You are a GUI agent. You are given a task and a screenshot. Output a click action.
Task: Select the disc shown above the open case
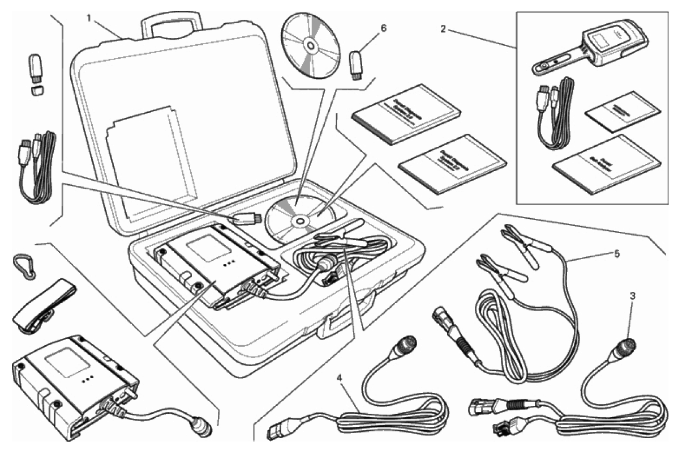(x=310, y=44)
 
